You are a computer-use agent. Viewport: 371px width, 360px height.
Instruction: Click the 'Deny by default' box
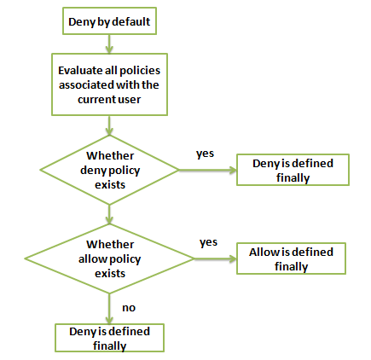pyautogui.click(x=109, y=21)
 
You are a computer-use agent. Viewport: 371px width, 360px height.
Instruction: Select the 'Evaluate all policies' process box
pyautogui.click(x=109, y=84)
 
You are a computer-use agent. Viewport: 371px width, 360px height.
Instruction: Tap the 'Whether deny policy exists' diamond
pyautogui.click(x=109, y=170)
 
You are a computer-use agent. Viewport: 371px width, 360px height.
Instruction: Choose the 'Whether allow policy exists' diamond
pyautogui.click(x=109, y=258)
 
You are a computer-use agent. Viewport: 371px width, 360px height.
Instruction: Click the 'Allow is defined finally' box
pyautogui.click(x=291, y=258)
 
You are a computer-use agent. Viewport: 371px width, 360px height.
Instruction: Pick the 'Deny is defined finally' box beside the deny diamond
pyautogui.click(x=293, y=170)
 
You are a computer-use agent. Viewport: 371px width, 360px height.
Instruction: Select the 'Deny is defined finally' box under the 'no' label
pyautogui.click(x=109, y=338)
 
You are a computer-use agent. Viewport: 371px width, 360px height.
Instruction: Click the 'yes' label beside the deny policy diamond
pyautogui.click(x=205, y=154)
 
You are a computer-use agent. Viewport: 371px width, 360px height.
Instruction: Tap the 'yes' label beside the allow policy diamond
pyautogui.click(x=208, y=242)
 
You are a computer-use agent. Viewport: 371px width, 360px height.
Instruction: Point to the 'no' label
pyautogui.click(x=129, y=308)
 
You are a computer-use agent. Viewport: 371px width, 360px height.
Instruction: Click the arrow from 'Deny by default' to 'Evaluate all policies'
pyautogui.click(x=109, y=44)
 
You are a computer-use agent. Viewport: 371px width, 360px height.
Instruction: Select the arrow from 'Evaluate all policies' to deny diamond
pyautogui.click(x=109, y=125)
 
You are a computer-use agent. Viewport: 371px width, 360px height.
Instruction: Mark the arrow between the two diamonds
pyautogui.click(x=109, y=214)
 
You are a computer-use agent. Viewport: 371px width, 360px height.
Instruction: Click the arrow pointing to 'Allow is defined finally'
pyautogui.click(x=215, y=258)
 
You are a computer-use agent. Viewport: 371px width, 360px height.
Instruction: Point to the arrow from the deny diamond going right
pyautogui.click(x=208, y=170)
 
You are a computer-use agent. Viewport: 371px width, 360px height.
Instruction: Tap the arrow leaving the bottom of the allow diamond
pyautogui.click(x=109, y=309)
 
